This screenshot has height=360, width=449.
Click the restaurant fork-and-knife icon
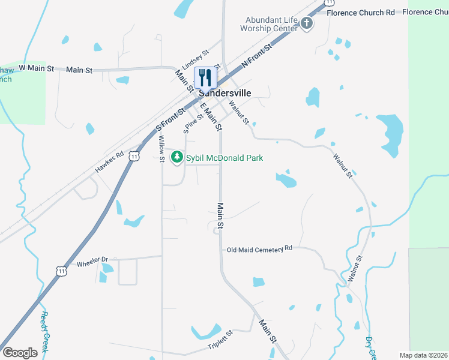205,77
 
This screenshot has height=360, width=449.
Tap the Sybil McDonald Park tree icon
176,158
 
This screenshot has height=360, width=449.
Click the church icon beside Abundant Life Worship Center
307,23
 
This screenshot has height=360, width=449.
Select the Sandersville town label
224,93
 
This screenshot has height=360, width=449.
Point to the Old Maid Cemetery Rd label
259,248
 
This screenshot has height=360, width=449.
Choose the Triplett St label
220,340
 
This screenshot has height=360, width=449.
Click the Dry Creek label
370,347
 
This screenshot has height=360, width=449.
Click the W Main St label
32,68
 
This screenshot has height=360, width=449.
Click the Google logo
20,352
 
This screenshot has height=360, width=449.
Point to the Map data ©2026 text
423,355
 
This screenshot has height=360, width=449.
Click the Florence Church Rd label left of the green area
360,12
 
